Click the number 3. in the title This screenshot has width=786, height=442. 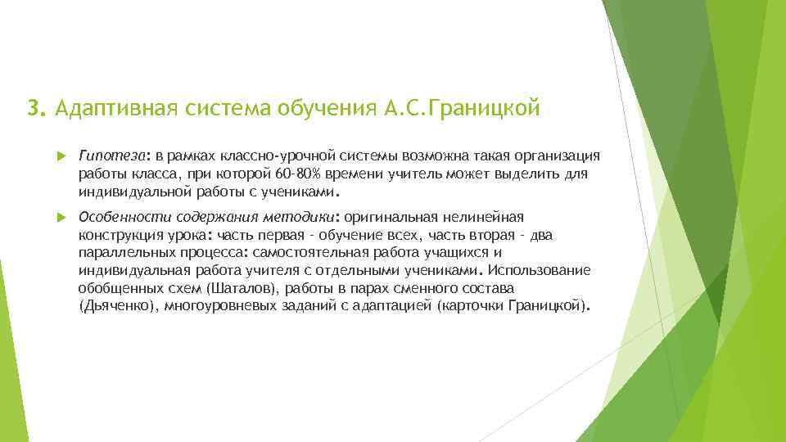tap(35, 108)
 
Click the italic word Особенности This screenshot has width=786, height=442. tap(121, 218)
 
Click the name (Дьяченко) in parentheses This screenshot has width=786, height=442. tap(118, 307)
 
